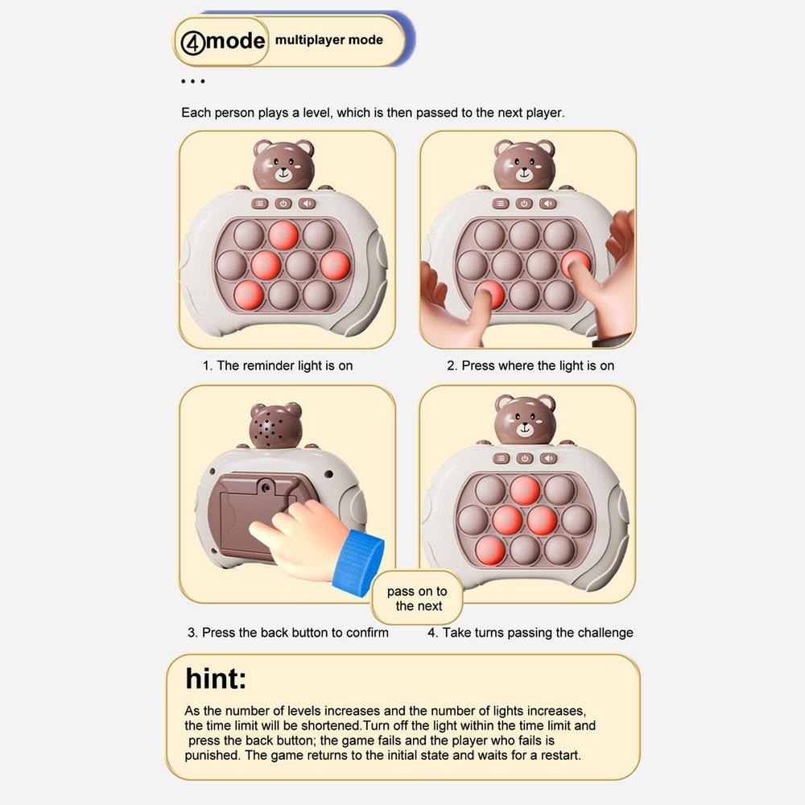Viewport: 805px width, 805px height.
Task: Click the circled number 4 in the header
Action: [192, 42]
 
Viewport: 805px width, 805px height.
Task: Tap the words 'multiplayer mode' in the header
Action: [329, 40]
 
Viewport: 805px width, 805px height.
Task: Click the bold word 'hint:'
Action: [216, 678]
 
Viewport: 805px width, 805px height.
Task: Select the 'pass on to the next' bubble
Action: [417, 598]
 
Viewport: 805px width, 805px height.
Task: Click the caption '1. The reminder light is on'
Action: [278, 365]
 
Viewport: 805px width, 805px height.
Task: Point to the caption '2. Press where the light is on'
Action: [530, 365]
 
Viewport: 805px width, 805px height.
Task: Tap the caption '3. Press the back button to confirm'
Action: [288, 633]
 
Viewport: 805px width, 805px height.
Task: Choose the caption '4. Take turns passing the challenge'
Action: [530, 633]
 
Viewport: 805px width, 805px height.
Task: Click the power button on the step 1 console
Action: [283, 204]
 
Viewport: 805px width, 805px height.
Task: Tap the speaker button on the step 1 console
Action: [307, 204]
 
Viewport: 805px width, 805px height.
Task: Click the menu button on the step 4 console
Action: [501, 459]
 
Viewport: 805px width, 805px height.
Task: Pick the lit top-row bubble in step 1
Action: [283, 235]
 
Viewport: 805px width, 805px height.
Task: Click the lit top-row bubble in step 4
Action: [525, 489]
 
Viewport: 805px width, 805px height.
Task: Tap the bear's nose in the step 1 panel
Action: [283, 170]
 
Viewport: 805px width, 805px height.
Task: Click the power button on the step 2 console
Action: [524, 204]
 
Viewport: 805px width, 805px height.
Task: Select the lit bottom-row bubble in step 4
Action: [490, 551]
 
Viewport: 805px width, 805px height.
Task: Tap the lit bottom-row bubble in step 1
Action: [249, 295]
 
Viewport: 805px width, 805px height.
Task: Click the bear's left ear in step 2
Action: [504, 148]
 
